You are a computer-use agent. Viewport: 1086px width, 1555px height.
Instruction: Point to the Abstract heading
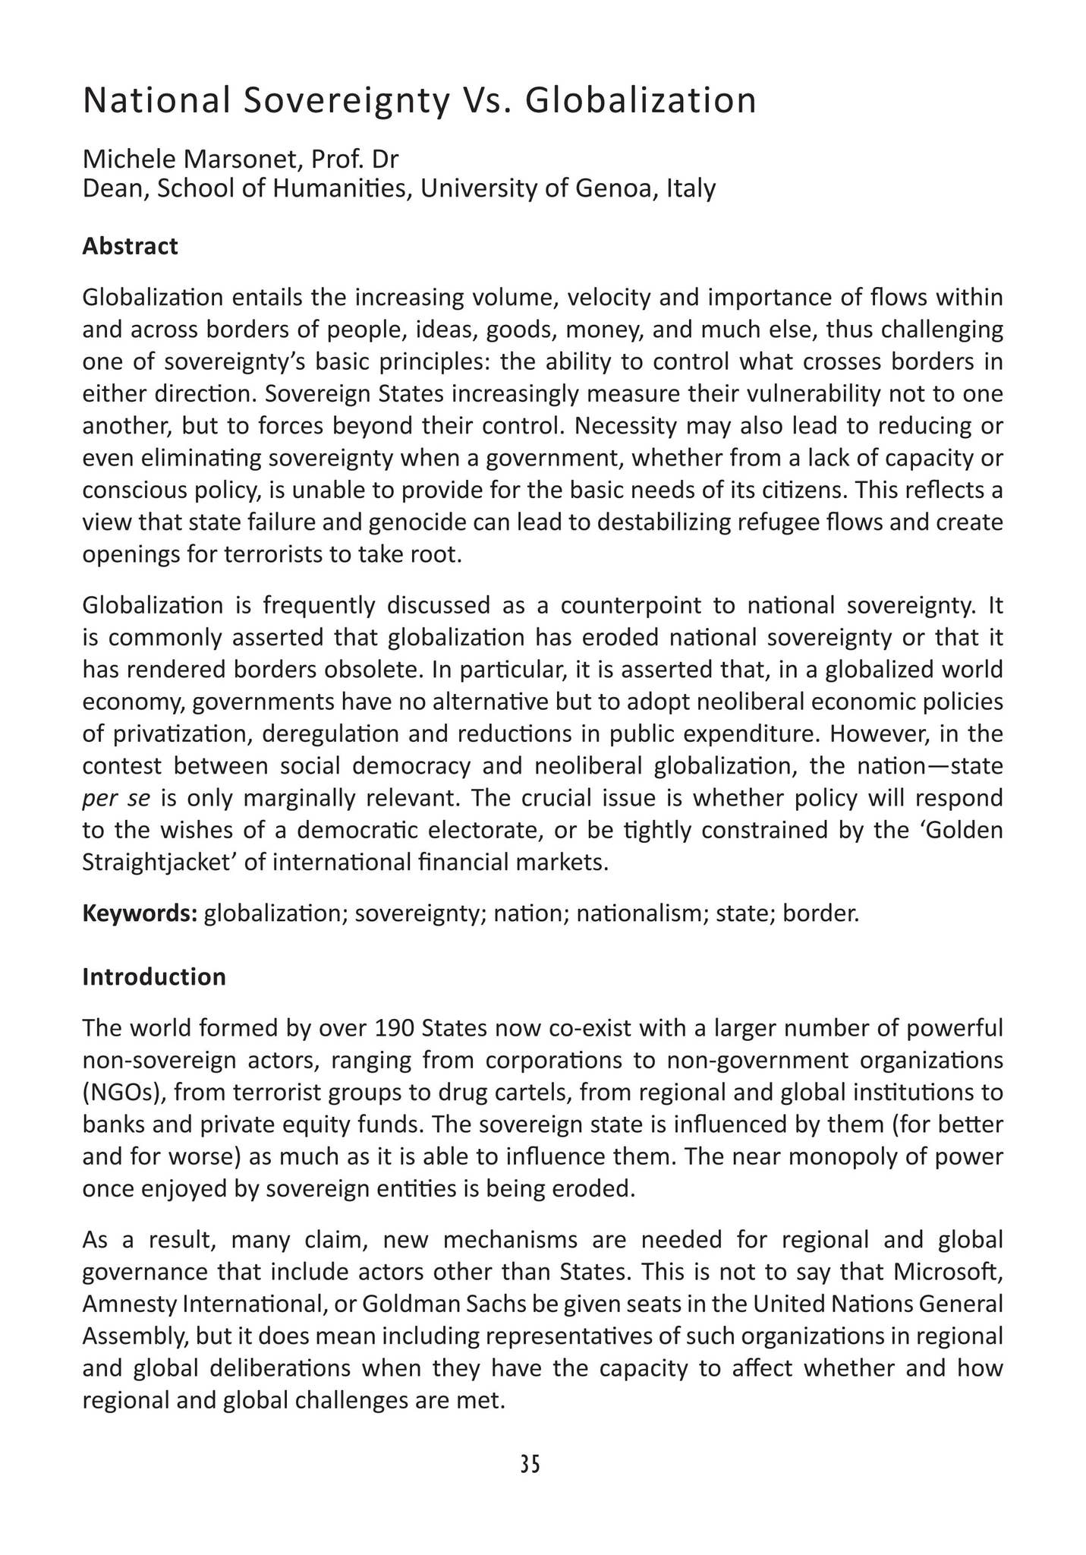[x=130, y=246]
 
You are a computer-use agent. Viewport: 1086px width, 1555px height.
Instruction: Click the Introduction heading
[x=153, y=976]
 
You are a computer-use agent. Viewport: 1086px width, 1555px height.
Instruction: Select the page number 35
[x=530, y=1465]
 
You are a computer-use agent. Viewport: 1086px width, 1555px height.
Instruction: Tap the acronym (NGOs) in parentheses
[x=120, y=1093]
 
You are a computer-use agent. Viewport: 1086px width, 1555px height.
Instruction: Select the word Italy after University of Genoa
[x=691, y=188]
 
